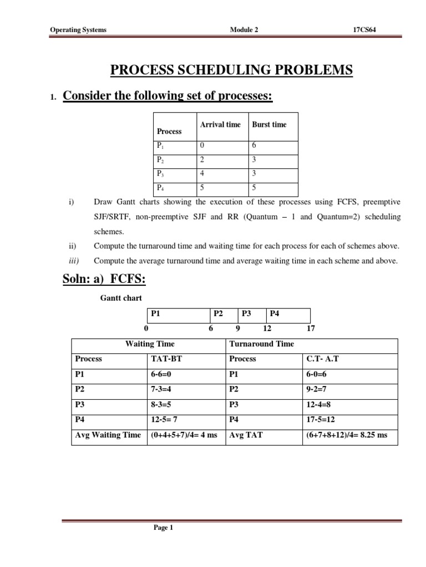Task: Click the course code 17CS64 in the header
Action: click(364, 30)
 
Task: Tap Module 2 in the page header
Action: click(244, 30)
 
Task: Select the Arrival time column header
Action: click(220, 125)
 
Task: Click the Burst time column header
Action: click(269, 125)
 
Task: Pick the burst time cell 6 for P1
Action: click(255, 146)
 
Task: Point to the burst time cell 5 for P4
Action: click(255, 188)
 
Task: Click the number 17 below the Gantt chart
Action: click(311, 328)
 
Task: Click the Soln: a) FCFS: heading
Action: click(104, 280)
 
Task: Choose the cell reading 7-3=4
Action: click(160, 389)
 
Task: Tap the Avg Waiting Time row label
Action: click(108, 435)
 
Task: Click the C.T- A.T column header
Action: click(322, 359)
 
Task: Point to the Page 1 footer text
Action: click(164, 528)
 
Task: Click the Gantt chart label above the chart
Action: click(121, 298)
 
